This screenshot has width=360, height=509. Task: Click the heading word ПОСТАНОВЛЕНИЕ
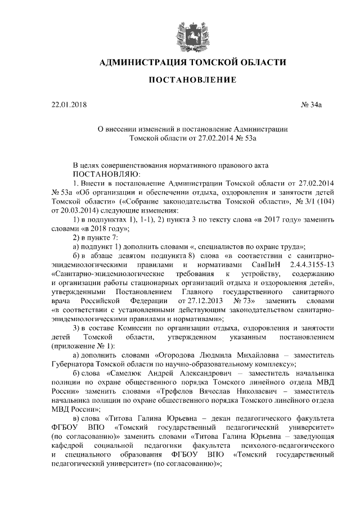(192, 81)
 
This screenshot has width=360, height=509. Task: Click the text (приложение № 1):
(82, 345)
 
